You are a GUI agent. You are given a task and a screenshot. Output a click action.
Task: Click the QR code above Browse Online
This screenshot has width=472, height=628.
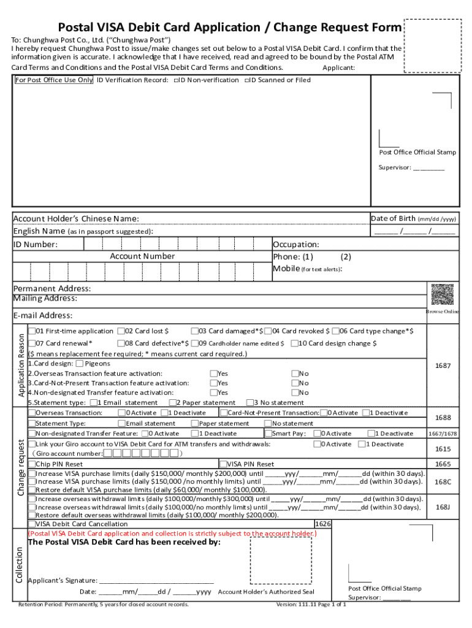tap(442, 295)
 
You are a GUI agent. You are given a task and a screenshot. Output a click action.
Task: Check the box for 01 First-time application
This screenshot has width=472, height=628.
tap(31, 331)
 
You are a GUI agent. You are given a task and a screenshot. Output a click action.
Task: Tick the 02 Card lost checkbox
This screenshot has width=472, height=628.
tap(121, 331)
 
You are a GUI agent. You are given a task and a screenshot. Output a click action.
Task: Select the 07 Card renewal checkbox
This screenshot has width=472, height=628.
tap(31, 343)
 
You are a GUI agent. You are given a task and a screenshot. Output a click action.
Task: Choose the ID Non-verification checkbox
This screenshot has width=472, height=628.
tap(176, 80)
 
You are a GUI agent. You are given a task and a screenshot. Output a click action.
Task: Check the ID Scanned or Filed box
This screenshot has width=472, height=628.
tap(247, 80)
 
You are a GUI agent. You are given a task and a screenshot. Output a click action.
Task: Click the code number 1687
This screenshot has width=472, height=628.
tap(443, 366)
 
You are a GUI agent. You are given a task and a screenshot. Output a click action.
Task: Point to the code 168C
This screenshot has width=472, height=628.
tap(443, 482)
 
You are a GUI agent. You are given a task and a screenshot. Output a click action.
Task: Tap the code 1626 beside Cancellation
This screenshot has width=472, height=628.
tap(322, 524)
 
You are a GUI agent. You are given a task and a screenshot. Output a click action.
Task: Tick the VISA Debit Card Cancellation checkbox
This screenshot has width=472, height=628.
tap(31, 524)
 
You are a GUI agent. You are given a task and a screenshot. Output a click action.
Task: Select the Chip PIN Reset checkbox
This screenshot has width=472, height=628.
tap(31, 464)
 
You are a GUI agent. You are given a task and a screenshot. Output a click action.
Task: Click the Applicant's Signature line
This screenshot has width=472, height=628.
tap(156, 580)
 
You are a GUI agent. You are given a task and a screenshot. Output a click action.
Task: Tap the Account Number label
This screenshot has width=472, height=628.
tap(142, 256)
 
